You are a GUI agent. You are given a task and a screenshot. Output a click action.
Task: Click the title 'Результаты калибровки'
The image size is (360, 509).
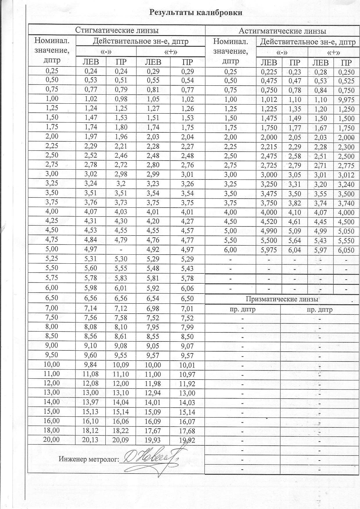click(x=196, y=12)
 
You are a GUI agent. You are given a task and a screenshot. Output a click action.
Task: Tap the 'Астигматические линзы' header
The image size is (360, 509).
click(x=282, y=31)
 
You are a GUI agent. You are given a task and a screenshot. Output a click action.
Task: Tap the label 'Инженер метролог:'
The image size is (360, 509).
click(x=89, y=459)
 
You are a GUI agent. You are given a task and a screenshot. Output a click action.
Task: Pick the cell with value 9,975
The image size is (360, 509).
click(x=346, y=100)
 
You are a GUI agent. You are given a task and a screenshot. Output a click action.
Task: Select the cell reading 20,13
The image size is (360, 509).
click(x=90, y=440)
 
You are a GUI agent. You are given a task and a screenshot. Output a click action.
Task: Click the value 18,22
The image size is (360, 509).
click(x=120, y=431)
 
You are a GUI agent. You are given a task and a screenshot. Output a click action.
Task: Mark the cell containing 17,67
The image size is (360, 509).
click(x=153, y=431)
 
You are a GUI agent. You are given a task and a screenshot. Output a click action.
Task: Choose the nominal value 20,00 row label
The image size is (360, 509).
click(x=51, y=440)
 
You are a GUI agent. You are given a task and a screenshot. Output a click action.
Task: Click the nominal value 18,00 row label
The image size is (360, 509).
click(x=51, y=430)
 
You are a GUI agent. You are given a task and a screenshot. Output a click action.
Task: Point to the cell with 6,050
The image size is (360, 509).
click(x=346, y=250)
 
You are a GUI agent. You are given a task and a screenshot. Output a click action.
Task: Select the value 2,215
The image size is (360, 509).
click(x=269, y=147)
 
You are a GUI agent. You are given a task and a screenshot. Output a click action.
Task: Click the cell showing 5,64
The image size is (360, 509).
click(x=295, y=241)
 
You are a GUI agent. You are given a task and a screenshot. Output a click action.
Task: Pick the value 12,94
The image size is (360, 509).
click(x=153, y=393)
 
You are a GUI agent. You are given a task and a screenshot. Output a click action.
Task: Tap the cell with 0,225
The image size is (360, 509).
click(x=269, y=72)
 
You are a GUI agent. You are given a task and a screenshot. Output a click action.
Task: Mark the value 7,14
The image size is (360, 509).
click(x=90, y=308)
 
